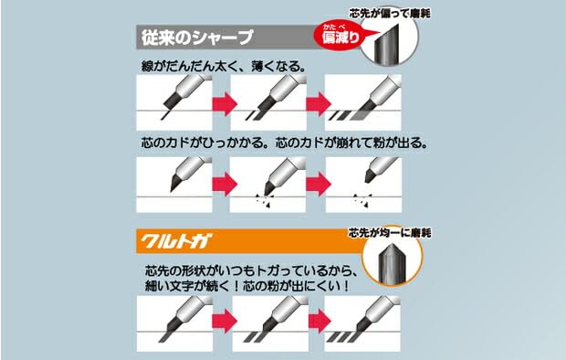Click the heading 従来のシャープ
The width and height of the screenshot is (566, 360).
[195, 39]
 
